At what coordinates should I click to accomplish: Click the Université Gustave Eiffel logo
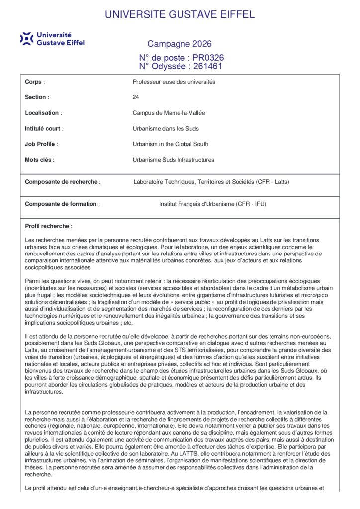52,39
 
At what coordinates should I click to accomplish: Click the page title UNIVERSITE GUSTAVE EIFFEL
180,14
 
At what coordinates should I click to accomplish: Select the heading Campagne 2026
180,44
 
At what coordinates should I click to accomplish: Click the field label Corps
33,82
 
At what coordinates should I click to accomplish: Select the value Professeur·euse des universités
174,82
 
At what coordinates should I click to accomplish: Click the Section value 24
136,97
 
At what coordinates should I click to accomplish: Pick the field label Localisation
42,113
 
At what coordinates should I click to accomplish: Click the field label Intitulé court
43,129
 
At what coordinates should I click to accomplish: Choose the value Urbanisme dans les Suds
166,129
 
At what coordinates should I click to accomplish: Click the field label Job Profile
41,144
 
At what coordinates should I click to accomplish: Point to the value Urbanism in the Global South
171,144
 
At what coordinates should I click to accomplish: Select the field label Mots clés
39,160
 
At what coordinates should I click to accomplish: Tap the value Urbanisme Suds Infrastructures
174,160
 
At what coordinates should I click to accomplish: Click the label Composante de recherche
62,182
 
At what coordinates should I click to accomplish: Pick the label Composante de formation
62,204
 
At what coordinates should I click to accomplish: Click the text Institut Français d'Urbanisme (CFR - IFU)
212,204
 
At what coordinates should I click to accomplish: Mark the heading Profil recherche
48,226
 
